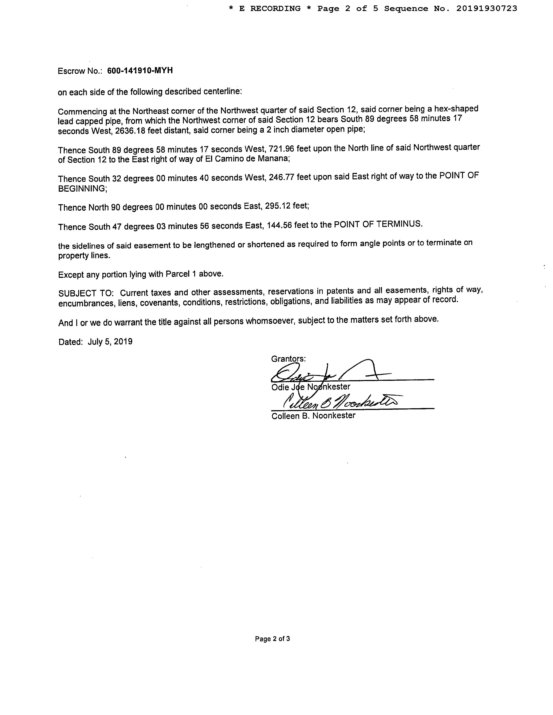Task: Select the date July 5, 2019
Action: click(110, 342)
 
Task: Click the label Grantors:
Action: click(288, 359)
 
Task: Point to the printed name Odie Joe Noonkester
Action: click(311, 387)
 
